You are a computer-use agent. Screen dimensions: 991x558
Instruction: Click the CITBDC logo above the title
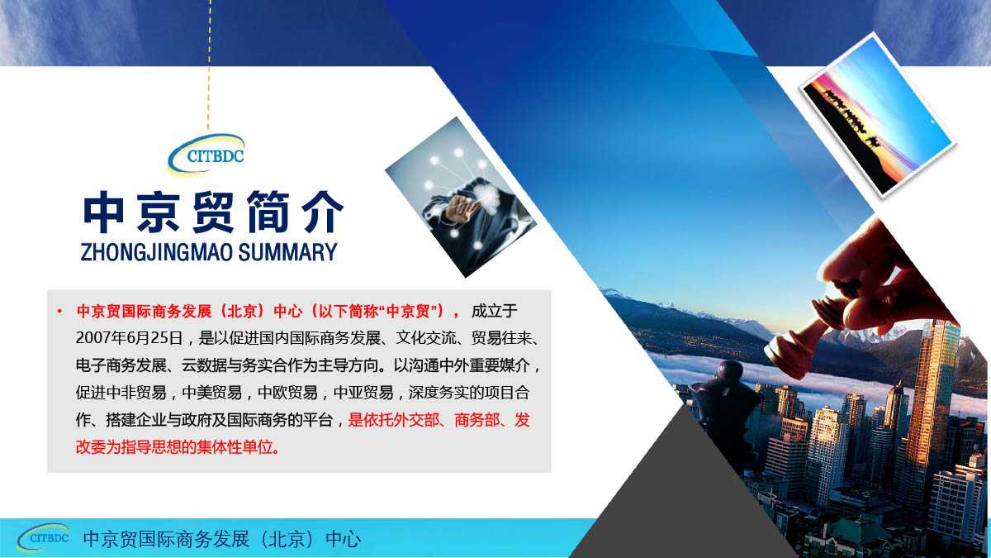point(206,154)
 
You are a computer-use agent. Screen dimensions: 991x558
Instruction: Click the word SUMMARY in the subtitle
point(287,252)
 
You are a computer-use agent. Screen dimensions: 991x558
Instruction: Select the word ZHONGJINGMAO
point(156,252)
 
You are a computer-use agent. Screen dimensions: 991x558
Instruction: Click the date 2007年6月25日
point(129,338)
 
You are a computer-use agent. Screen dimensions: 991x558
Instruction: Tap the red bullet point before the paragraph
point(59,312)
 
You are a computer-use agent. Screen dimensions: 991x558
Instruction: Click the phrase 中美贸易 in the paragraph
point(212,393)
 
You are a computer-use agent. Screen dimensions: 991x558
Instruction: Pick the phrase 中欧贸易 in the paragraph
point(287,393)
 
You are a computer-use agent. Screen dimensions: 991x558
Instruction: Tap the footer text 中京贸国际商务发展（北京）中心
point(221,539)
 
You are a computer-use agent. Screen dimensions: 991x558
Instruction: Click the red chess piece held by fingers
point(799,341)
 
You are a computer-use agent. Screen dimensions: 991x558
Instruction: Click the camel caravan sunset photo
point(878,116)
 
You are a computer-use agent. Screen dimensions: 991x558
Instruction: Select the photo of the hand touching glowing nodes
point(461,198)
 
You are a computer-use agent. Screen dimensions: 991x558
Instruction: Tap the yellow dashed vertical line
point(209,64)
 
